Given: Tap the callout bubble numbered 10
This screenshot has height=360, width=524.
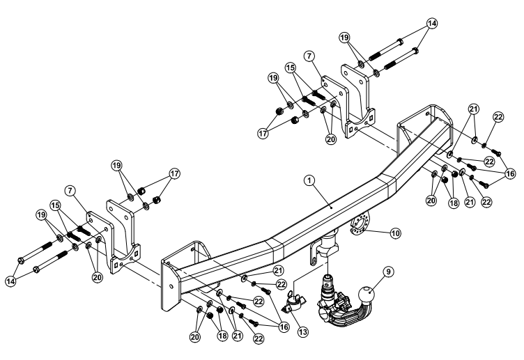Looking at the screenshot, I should pos(396,233).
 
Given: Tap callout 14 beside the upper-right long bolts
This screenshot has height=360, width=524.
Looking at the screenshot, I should pos(433,23).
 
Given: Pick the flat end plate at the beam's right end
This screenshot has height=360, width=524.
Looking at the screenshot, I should pos(406,139).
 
